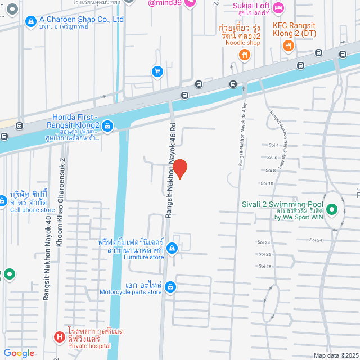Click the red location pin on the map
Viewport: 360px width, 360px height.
pos(179,168)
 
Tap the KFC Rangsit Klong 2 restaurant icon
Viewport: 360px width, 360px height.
pos(288,46)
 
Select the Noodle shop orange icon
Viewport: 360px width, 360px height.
pos(244,55)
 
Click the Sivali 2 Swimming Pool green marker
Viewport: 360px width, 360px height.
pos(331,211)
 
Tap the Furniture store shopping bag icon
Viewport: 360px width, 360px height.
pos(172,247)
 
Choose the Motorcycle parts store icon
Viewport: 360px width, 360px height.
pos(171,287)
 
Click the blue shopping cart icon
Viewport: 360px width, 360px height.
pos(157,71)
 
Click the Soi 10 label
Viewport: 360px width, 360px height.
pos(266,183)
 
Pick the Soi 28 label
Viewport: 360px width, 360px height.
pos(265,266)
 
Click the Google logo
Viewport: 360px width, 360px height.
pos(19,353)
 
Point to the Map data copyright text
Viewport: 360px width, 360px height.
pos(336,355)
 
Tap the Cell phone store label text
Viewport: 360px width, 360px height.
pos(33,210)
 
